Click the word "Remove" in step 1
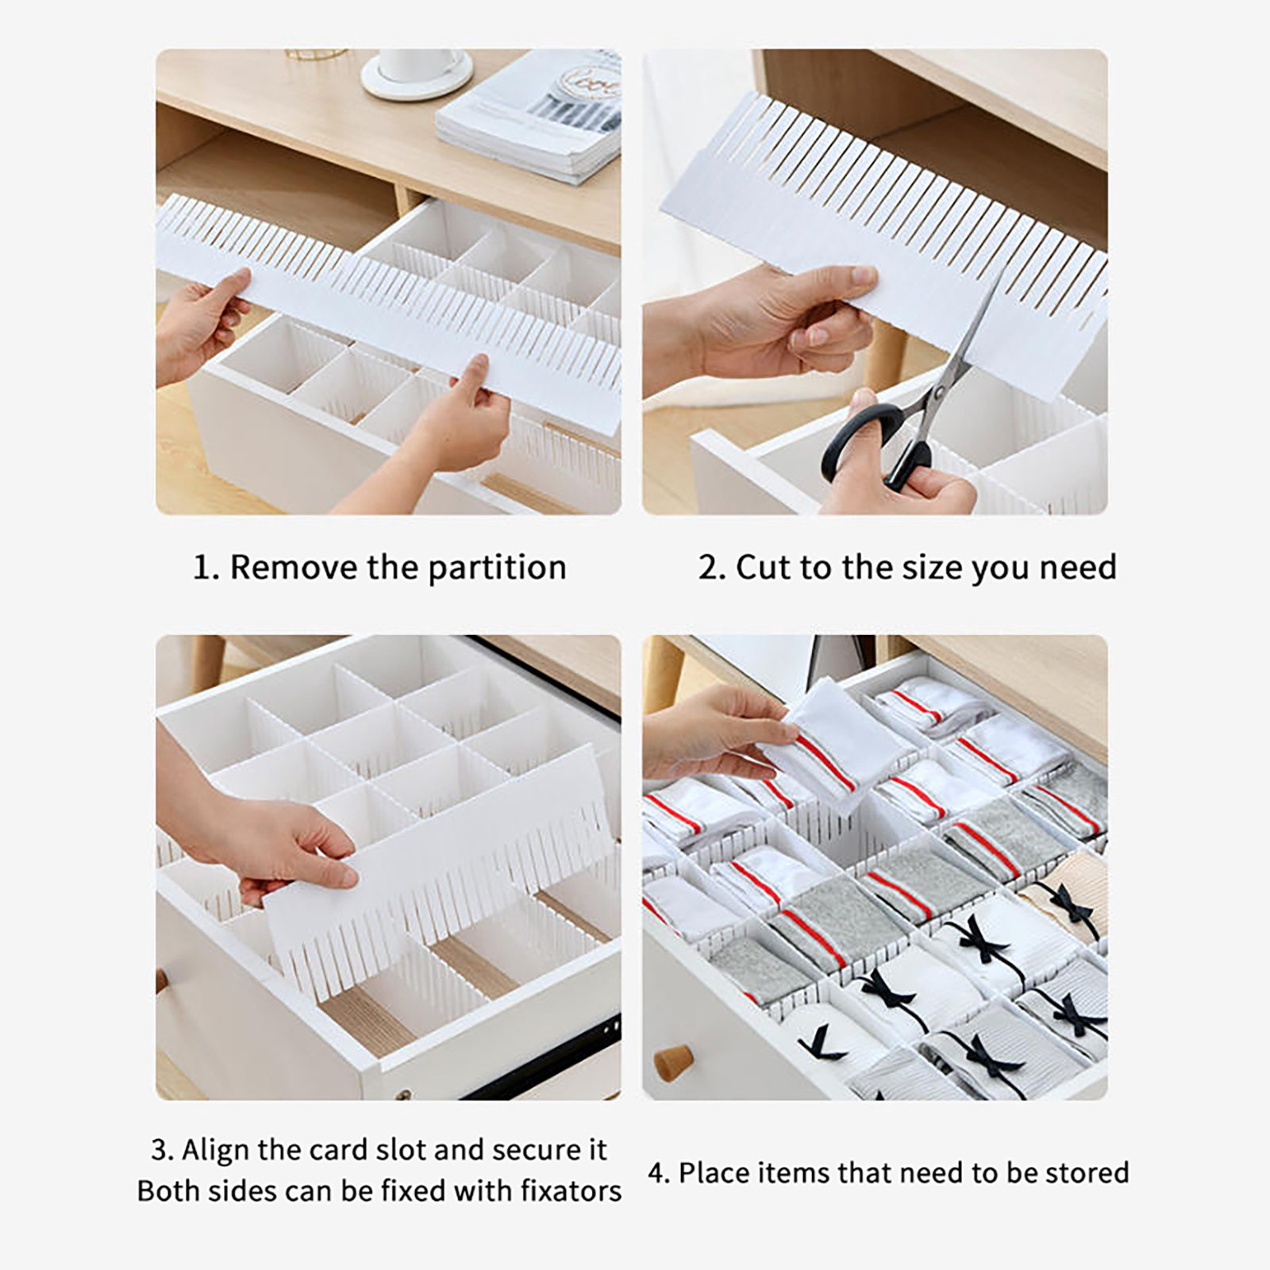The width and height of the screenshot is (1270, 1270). tap(293, 568)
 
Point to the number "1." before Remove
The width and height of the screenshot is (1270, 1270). tap(206, 568)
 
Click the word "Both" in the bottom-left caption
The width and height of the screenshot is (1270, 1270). tap(168, 1191)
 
